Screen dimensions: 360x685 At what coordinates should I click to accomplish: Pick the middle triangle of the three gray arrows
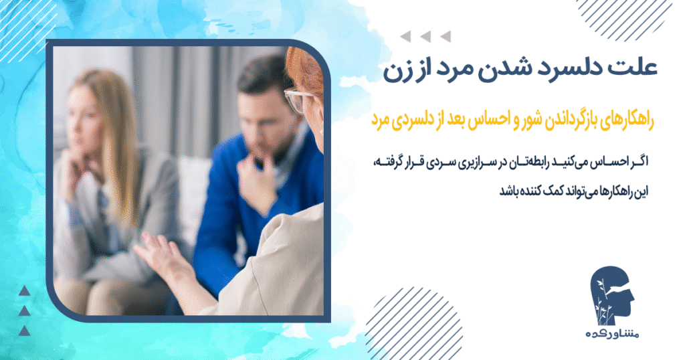(425, 37)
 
